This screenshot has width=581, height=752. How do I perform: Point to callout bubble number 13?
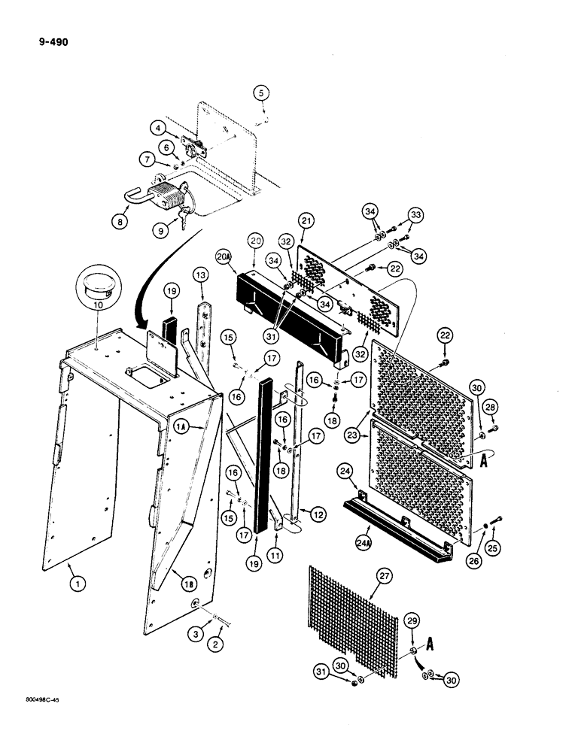tap(200, 276)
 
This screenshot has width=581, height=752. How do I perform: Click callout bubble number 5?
tap(260, 94)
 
